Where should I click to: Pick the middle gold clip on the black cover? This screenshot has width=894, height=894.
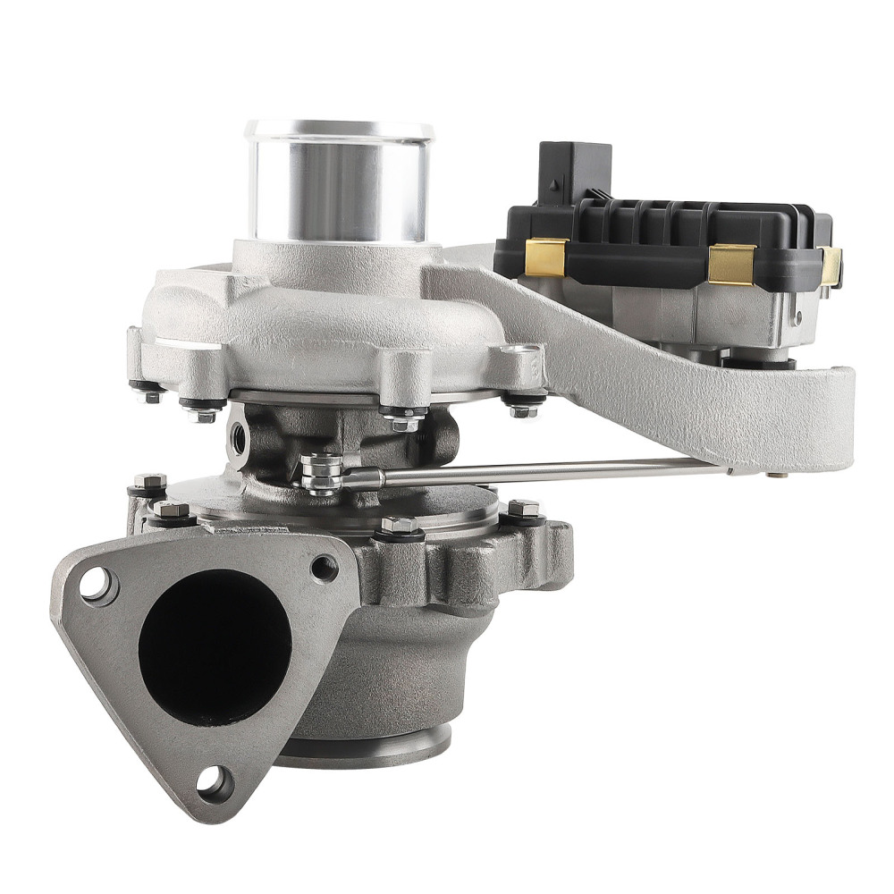(x=731, y=263)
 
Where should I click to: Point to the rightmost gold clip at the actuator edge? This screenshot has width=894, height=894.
(x=831, y=266)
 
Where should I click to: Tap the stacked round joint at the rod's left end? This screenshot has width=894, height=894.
(x=322, y=473)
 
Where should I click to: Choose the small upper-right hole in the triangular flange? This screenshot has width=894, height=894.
(x=324, y=568)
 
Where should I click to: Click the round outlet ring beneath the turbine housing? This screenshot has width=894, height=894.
(x=367, y=746)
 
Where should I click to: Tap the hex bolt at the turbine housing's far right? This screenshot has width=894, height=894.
(x=525, y=512)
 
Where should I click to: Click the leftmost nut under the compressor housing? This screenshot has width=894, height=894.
(x=146, y=392)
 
